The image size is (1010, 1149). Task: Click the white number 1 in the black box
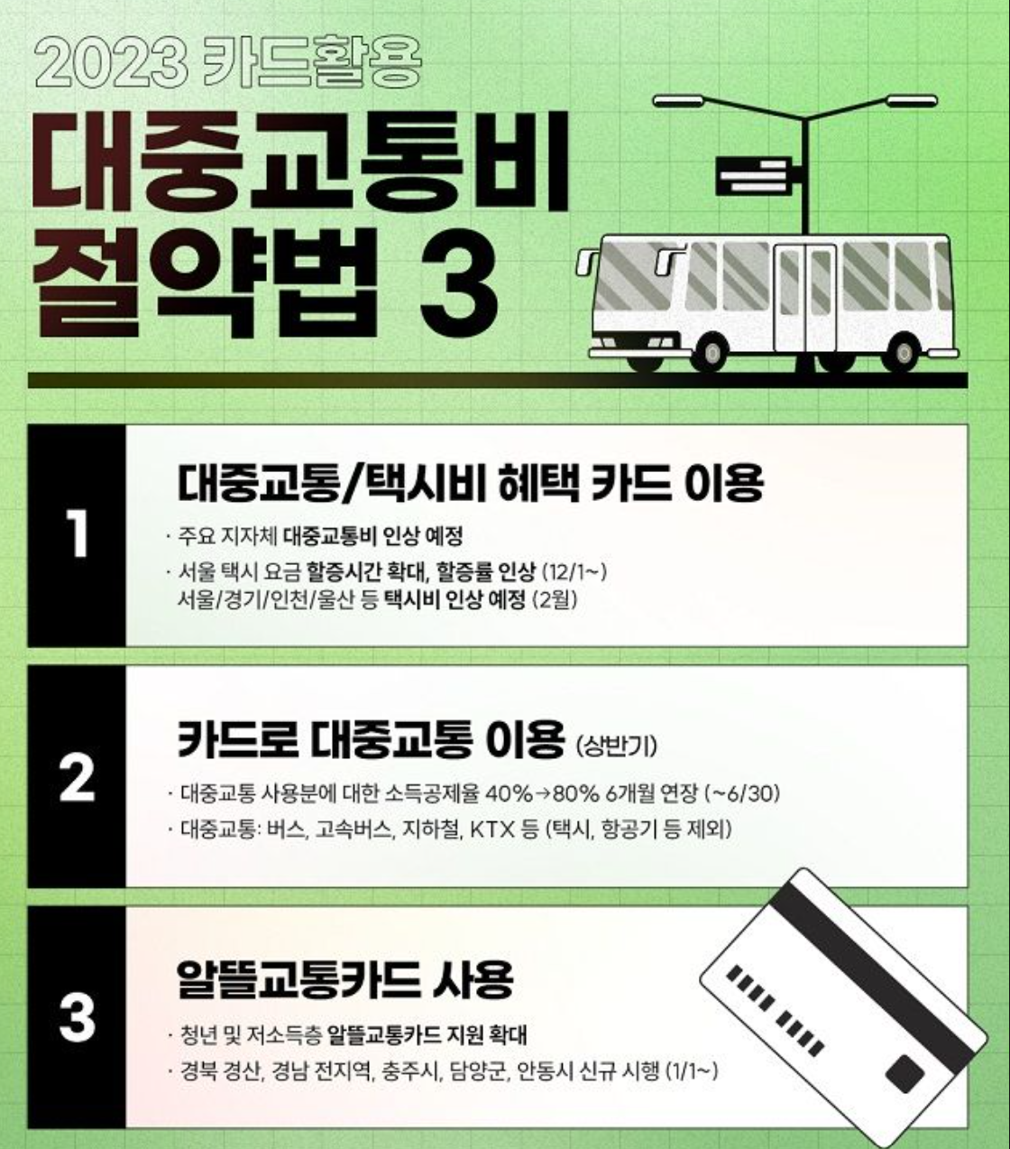pyautogui.click(x=78, y=535)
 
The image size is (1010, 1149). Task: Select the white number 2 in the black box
pyautogui.click(x=78, y=777)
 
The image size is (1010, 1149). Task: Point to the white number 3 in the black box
pyautogui.click(x=78, y=1016)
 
